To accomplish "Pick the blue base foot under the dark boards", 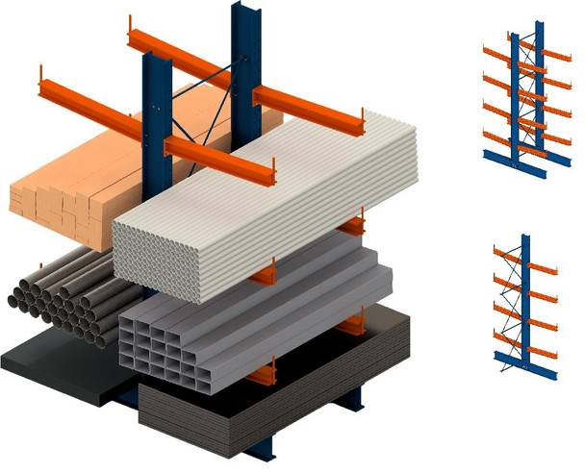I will click(346, 399).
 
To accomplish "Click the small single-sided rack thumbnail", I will click(524, 303).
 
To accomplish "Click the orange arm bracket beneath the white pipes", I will click(352, 229).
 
